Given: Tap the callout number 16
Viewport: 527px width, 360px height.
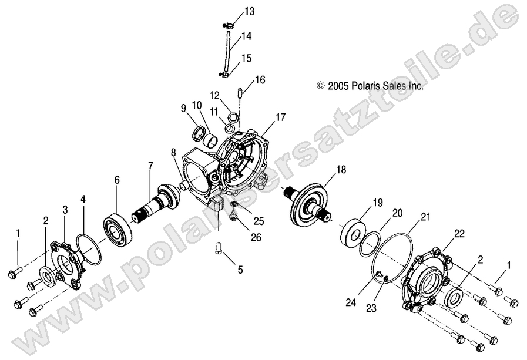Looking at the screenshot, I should (x=260, y=79).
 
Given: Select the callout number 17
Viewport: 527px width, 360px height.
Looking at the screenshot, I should (x=280, y=117).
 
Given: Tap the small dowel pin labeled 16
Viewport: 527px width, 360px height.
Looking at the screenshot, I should (x=240, y=92).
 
